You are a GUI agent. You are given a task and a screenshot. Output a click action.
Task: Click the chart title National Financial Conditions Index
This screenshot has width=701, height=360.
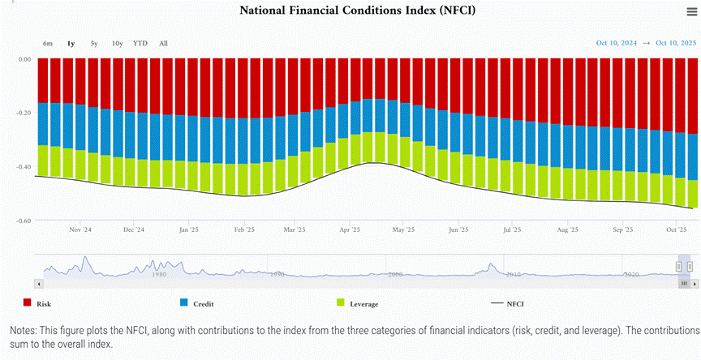click(357, 11)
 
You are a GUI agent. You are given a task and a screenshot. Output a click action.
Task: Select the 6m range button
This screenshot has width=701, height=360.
click(49, 43)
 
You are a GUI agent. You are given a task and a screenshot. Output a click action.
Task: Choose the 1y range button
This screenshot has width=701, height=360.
click(71, 43)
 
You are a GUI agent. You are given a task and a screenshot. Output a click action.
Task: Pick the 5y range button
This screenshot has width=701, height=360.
click(94, 43)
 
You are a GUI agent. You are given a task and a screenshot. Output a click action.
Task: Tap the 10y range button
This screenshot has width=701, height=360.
click(118, 43)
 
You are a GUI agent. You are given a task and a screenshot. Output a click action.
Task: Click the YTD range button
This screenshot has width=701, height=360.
click(140, 43)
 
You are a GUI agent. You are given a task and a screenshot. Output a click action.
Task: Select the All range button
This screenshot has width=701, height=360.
click(164, 43)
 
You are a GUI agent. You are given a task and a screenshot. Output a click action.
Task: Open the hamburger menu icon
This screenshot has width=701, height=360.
click(691, 11)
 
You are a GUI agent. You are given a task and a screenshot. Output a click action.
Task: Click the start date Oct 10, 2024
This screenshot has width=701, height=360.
click(618, 43)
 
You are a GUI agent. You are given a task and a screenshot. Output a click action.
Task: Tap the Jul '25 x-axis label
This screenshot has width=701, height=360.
click(512, 230)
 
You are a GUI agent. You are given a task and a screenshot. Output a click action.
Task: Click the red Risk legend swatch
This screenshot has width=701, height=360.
click(28, 303)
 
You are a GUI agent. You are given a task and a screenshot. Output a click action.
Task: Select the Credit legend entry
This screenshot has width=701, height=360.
click(204, 304)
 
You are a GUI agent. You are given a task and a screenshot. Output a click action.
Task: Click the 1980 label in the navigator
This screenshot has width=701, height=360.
click(159, 275)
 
